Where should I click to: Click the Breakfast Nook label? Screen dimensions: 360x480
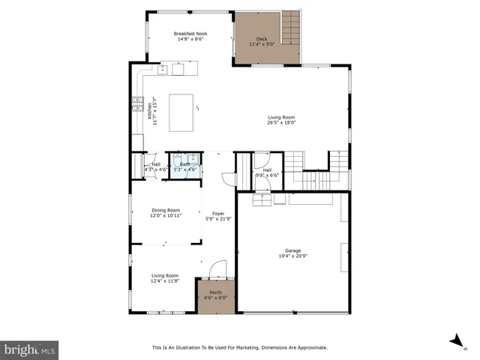190,36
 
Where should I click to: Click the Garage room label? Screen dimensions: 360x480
292,250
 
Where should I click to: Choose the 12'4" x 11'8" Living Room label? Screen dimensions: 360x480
165,278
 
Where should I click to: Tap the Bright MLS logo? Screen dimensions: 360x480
30,349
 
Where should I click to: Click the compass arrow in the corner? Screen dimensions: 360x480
454,341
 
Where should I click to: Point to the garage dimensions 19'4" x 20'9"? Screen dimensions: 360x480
292,256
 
